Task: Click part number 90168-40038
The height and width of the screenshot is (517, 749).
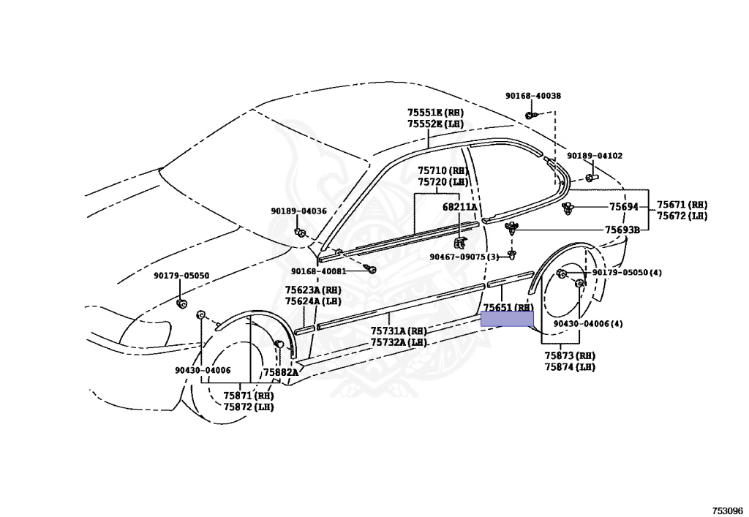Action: click(x=533, y=96)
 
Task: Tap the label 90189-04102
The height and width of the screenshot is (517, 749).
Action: click(x=595, y=156)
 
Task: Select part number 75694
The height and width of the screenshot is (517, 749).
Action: click(x=624, y=207)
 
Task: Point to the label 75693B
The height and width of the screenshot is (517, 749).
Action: click(x=622, y=230)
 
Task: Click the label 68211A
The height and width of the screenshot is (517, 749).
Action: click(x=459, y=207)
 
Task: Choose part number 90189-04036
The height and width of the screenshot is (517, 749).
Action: click(x=298, y=211)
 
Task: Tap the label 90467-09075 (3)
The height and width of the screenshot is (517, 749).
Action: click(x=464, y=257)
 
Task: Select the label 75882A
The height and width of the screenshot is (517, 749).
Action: click(x=281, y=372)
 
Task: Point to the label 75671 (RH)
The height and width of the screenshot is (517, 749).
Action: click(x=682, y=205)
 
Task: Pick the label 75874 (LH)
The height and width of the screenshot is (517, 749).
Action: click(x=570, y=367)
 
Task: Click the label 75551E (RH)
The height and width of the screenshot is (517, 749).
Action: click(x=435, y=113)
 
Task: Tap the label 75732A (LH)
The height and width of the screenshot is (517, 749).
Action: click(x=399, y=342)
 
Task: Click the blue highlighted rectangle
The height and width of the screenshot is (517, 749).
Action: click(x=507, y=318)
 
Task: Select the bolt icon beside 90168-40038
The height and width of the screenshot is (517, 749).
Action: click(x=531, y=116)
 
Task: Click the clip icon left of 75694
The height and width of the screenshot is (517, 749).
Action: click(x=568, y=209)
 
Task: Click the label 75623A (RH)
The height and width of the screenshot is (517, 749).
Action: click(x=313, y=290)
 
